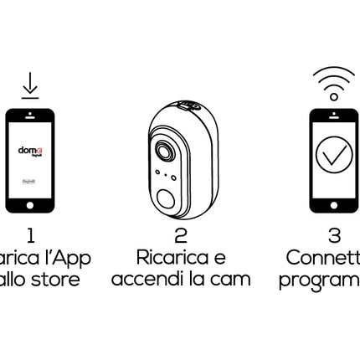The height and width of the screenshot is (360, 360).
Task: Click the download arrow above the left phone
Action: pos(28,86)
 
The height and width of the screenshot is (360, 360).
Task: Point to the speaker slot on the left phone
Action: pos(29,113)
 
